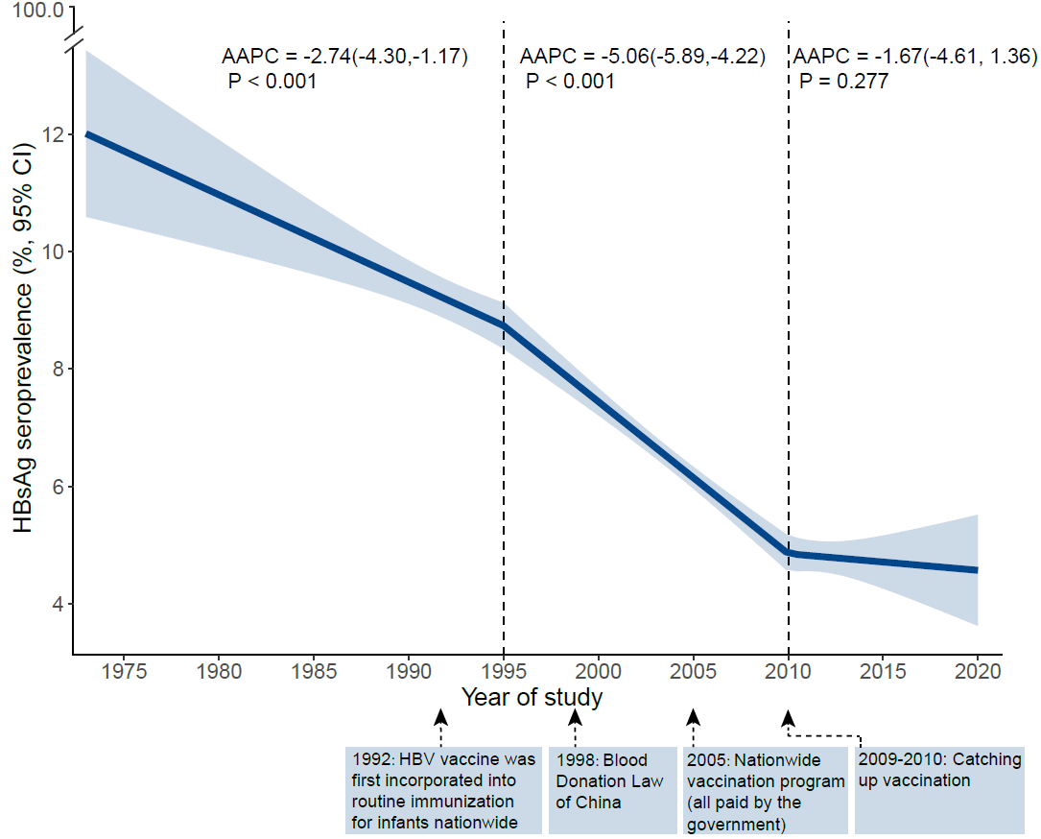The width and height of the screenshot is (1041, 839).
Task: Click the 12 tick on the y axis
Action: click(x=53, y=134)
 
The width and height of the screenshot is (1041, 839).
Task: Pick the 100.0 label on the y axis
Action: click(x=37, y=12)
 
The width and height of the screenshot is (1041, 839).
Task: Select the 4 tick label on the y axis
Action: click(x=59, y=604)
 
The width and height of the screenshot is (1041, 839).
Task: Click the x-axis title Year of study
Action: click(x=532, y=697)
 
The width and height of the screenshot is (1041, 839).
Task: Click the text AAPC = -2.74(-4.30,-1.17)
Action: click(x=345, y=57)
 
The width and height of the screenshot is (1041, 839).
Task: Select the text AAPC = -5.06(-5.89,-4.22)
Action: click(x=642, y=57)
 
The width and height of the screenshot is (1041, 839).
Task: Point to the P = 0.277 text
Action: click(x=844, y=82)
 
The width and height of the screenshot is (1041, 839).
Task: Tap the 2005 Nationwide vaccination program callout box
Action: click(x=766, y=788)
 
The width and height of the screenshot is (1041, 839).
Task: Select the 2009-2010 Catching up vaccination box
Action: click(x=939, y=788)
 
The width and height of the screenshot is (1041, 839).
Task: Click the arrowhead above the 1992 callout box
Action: click(x=440, y=716)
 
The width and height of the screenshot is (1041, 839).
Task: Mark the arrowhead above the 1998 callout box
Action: click(x=576, y=716)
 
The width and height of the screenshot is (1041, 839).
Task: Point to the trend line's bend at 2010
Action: click(x=789, y=553)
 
